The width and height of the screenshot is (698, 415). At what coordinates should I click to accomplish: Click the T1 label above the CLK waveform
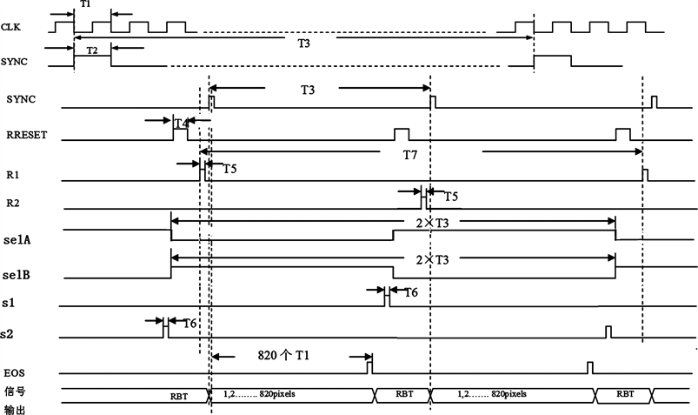coord(84,5)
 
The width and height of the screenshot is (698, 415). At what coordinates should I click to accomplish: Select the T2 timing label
coord(92,51)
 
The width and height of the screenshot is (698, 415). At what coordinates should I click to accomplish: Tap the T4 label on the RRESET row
coord(181,124)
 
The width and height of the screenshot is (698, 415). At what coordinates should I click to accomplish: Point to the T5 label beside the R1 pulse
coord(229,168)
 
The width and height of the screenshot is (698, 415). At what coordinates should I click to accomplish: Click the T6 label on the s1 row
coord(409,293)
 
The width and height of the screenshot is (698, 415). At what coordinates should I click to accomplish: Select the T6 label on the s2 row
coord(189,324)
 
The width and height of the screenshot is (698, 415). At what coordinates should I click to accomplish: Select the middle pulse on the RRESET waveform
coord(401,134)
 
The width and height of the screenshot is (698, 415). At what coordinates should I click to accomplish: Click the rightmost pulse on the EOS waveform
coord(590,368)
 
